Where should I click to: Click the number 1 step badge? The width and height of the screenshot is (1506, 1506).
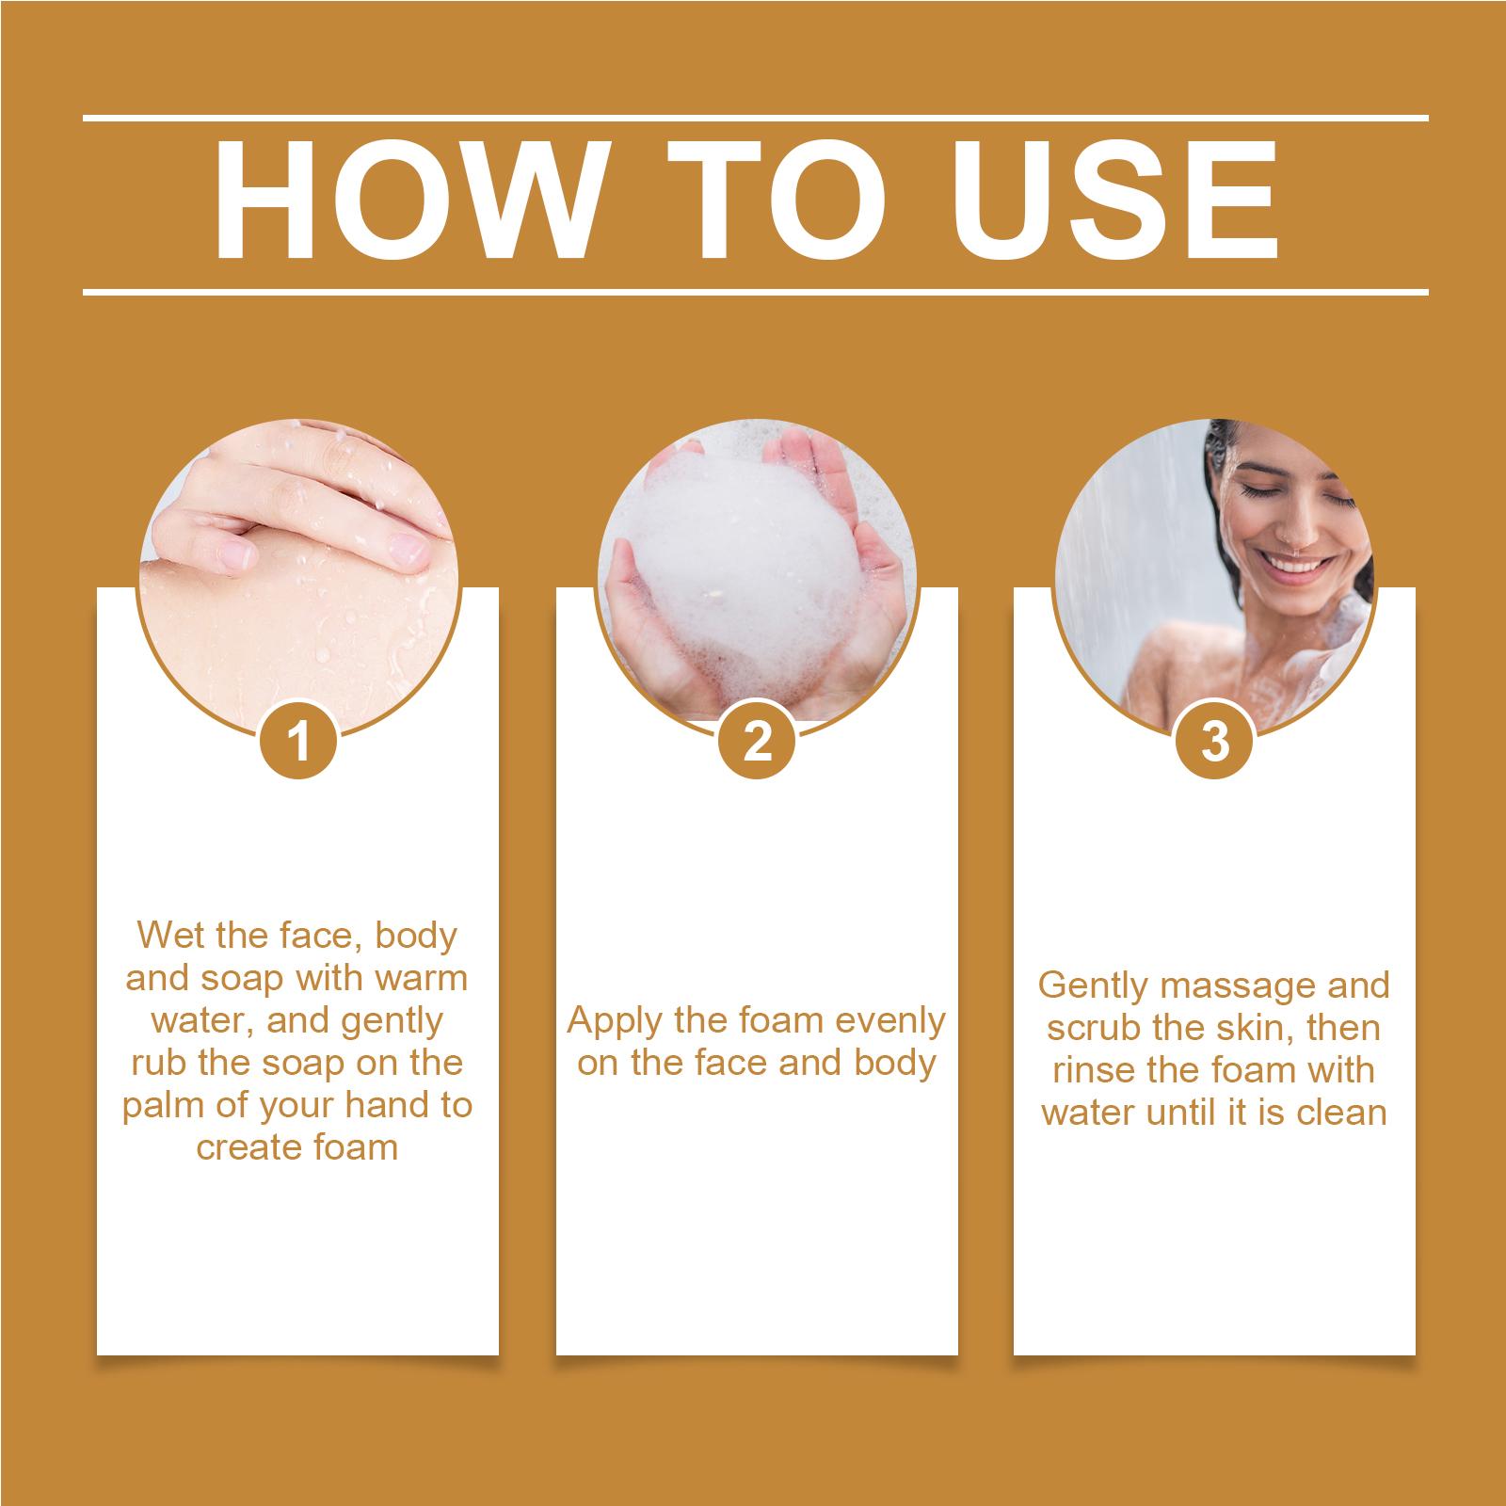[299, 744]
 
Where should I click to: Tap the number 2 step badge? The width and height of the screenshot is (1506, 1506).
[757, 744]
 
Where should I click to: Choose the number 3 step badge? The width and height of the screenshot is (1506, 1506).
[1215, 744]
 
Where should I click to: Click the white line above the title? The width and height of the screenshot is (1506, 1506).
[756, 119]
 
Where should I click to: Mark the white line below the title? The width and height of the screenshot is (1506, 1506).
[756, 292]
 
